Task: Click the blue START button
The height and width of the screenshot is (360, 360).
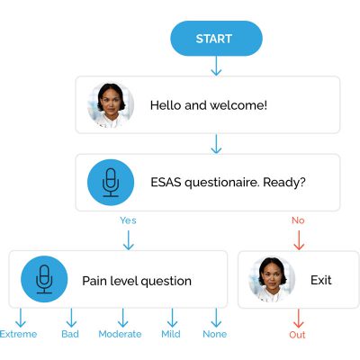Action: pos(216,39)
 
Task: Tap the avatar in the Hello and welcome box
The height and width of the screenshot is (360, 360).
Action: pos(111,104)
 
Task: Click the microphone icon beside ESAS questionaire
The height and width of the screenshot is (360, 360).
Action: pos(111,182)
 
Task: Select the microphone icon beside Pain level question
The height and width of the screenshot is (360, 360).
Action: pos(43,280)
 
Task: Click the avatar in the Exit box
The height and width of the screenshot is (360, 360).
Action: pos(273,280)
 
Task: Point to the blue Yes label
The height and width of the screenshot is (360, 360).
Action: pos(128,220)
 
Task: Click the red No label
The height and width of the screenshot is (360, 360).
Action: pos(299,220)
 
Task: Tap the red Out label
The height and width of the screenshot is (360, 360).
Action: pos(298,335)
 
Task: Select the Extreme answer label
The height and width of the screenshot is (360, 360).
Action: pos(19,334)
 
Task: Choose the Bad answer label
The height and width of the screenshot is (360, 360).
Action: pos(70,334)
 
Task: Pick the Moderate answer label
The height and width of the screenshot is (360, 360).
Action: pos(120,334)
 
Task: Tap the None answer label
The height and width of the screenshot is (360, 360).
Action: pos(215,334)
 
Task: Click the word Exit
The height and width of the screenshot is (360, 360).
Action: pos(321,281)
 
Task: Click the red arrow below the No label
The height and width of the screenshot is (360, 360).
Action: pos(299,239)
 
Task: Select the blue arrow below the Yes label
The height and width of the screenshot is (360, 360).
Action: pos(128,239)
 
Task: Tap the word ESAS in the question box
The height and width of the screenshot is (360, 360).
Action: pos(167,182)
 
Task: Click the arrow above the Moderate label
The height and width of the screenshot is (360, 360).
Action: pos(120,318)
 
